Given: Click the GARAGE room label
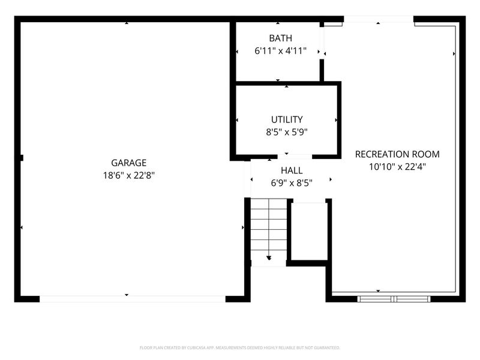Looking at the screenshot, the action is point(128,163).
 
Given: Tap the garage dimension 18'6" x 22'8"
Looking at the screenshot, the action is point(128,175).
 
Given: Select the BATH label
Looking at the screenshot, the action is point(280,38).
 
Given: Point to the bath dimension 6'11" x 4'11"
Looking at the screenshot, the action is point(280,51).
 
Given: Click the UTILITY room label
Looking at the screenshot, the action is point(287,119).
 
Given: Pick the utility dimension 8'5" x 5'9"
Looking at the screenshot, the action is point(287,132).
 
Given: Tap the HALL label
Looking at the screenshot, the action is point(292,170).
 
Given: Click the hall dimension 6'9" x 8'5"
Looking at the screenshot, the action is point(292,183).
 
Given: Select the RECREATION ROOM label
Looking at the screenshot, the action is point(397,154).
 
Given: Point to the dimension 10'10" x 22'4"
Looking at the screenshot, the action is point(397,167).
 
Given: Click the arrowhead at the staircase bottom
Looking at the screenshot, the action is point(269,258).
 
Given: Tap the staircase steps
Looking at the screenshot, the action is point(269,230).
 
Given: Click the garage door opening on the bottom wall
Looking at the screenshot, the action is point(133,299).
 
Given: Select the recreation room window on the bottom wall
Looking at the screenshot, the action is point(394,299).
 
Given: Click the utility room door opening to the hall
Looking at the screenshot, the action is point(295,157).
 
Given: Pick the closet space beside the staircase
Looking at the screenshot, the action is point(309,231).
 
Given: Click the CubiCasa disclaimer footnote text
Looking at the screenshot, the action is point(239,348).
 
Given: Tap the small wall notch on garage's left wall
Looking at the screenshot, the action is point(22,158).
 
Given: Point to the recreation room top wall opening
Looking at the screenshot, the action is point(379,19).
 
